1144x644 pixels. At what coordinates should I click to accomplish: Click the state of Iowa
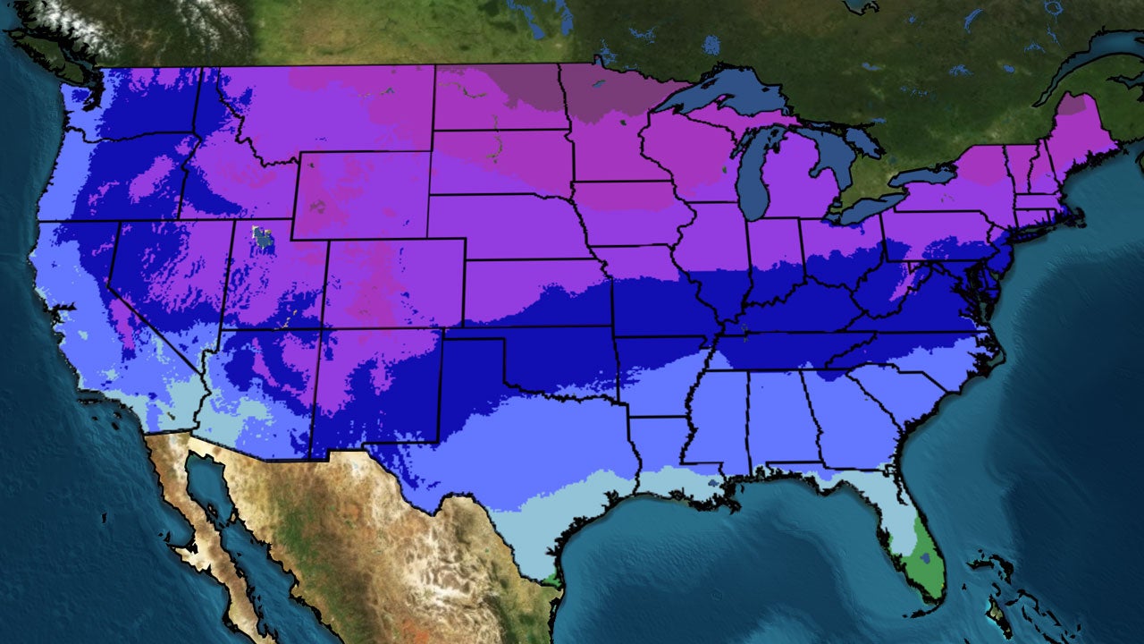coord(626,215)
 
